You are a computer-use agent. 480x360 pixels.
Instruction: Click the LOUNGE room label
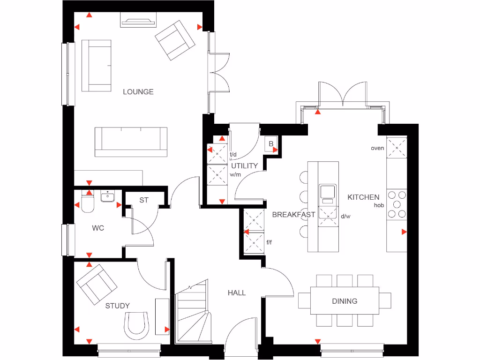[x=138, y=92]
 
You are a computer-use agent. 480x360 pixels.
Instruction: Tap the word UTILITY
[x=244, y=166]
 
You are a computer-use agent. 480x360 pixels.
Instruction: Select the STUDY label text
[x=117, y=306]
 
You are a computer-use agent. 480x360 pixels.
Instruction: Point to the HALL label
[x=237, y=293]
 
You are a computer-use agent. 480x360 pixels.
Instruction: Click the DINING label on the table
[x=345, y=301]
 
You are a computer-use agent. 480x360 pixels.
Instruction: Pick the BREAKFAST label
[x=293, y=215]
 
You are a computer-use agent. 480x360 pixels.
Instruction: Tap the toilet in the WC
[x=88, y=202]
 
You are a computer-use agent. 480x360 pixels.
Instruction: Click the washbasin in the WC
[x=108, y=195]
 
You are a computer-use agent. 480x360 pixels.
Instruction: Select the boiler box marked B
[x=271, y=144]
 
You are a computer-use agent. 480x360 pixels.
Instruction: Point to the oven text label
[x=377, y=148]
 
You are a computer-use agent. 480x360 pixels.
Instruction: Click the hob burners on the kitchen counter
[x=397, y=204]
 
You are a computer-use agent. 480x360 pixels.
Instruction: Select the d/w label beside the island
[x=345, y=217]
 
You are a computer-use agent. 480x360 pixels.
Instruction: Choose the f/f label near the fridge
[x=270, y=242]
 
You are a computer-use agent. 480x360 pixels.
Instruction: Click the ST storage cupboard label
[x=144, y=200]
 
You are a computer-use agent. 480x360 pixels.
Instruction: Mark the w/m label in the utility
[x=235, y=175]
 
